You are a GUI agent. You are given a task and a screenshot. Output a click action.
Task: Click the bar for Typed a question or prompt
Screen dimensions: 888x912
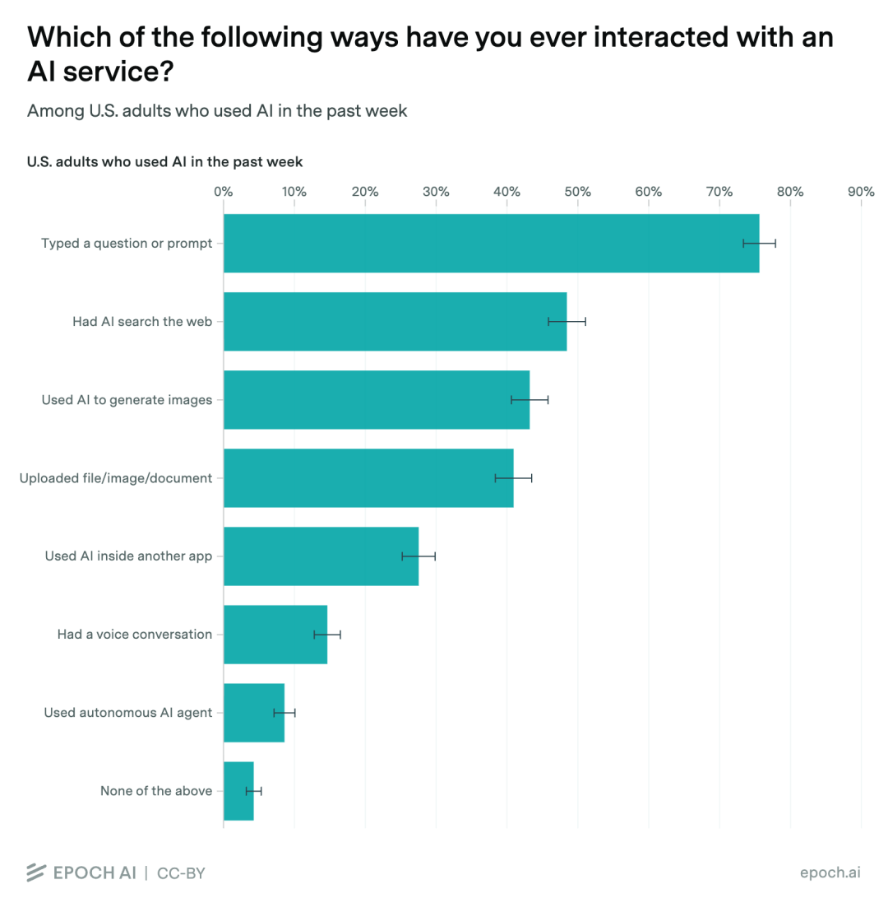[x=491, y=243]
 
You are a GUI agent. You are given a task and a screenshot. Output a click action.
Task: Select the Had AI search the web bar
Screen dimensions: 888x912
[x=395, y=322]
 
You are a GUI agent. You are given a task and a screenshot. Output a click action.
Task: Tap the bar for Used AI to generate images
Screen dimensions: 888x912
[x=377, y=399]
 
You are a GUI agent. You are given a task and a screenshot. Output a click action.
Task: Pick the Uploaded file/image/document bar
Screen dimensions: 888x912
[x=368, y=478]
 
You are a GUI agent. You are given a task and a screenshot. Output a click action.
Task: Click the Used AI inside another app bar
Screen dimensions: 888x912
[x=321, y=556]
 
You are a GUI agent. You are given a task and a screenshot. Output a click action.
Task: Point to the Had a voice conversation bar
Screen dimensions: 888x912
[x=275, y=635]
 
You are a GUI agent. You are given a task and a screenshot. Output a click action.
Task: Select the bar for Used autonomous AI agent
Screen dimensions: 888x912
[x=254, y=713]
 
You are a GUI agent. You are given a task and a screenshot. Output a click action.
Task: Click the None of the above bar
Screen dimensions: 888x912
[x=238, y=791]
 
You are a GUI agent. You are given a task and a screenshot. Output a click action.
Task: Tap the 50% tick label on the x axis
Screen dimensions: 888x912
[x=578, y=192]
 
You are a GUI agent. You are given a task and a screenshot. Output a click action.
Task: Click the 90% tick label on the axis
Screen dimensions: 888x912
[x=861, y=192]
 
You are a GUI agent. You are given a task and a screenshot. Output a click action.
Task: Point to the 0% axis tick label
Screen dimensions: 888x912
[x=223, y=192]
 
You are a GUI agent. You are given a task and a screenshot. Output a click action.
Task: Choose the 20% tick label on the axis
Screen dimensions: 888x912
[x=365, y=192]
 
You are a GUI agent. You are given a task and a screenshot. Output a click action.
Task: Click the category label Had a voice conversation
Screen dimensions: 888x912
[x=135, y=634]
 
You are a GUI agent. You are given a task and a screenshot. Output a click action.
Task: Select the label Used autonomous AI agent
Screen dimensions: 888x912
[x=128, y=713]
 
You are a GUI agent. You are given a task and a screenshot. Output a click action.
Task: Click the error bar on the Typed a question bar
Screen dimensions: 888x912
[x=760, y=243]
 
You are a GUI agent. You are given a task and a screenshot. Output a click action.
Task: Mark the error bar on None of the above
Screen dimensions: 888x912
[x=254, y=791]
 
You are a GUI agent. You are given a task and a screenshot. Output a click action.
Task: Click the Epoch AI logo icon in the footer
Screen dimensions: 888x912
[x=36, y=872]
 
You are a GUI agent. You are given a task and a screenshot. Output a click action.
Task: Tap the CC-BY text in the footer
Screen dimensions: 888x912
[x=182, y=873]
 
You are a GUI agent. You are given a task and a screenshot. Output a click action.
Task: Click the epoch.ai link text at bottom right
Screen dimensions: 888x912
[x=830, y=872]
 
